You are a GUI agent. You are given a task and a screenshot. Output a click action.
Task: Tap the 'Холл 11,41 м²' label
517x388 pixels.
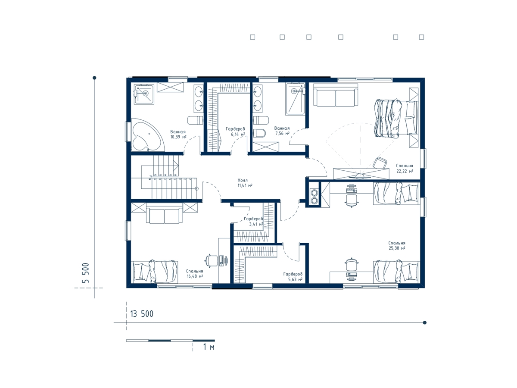point(245,183)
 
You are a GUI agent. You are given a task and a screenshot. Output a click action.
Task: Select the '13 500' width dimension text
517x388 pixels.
point(142,314)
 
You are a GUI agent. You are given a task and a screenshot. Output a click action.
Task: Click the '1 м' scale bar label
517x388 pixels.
point(209,347)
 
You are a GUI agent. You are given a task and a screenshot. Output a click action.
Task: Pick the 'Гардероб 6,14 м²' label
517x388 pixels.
point(235,131)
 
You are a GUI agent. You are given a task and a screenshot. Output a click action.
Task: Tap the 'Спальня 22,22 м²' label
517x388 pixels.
point(405,169)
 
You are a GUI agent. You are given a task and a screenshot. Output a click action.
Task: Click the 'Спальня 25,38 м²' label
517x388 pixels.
point(397,245)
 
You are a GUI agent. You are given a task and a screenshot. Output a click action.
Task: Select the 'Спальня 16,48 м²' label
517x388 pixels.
point(195,274)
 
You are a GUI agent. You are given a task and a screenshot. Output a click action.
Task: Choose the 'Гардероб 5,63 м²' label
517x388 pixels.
point(293,277)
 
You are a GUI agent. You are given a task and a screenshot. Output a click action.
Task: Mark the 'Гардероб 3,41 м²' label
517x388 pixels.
point(253,222)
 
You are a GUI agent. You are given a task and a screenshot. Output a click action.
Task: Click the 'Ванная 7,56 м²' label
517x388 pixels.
point(282,131)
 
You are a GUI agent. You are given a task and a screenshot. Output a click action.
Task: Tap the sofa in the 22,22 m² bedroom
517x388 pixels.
point(336,95)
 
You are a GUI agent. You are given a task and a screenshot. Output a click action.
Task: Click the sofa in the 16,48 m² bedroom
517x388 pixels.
point(164,214)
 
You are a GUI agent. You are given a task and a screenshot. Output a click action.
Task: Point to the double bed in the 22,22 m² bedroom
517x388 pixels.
point(396,118)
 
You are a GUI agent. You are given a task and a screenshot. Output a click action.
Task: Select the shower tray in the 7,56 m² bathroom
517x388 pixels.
point(295,99)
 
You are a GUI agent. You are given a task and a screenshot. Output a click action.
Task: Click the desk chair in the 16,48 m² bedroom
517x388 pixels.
point(211,260)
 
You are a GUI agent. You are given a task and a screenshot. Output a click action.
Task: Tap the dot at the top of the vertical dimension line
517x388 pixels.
point(94,78)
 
